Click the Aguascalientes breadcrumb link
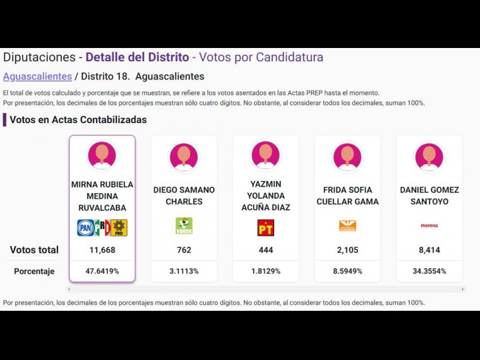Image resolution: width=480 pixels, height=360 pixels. pyautogui.click(x=37, y=76)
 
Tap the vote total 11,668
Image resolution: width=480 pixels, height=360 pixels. pyautogui.click(x=102, y=250)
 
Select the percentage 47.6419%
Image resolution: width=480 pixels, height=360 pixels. pyautogui.click(x=102, y=271)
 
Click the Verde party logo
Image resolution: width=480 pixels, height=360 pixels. pyautogui.click(x=184, y=226)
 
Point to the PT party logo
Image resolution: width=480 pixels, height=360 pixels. pyautogui.click(x=265, y=227)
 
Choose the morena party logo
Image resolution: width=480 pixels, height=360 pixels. pyautogui.click(x=429, y=226)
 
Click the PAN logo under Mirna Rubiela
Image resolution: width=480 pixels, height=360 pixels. pyautogui.click(x=85, y=227)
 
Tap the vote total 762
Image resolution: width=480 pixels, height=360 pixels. pyautogui.click(x=184, y=250)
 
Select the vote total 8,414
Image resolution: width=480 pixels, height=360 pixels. pyautogui.click(x=429, y=250)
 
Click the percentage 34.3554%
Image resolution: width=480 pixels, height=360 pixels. pyautogui.click(x=429, y=271)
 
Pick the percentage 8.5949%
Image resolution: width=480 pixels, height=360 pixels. pyautogui.click(x=347, y=271)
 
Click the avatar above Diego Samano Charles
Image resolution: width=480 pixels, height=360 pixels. pyautogui.click(x=184, y=156)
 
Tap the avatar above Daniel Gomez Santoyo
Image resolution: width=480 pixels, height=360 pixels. pyautogui.click(x=429, y=156)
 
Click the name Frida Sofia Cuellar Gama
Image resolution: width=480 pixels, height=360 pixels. pyautogui.click(x=347, y=196)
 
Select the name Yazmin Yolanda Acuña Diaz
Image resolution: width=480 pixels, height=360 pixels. pyautogui.click(x=265, y=196)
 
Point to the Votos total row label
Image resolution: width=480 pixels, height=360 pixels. pyautogui.click(x=34, y=250)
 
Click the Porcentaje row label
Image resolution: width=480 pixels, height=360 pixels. pyautogui.click(x=34, y=271)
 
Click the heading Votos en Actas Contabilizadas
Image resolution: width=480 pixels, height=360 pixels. pyautogui.click(x=78, y=119)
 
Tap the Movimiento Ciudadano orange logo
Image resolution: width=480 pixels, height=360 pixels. pyautogui.click(x=347, y=226)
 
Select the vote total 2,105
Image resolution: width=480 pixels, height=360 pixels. pyautogui.click(x=347, y=250)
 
